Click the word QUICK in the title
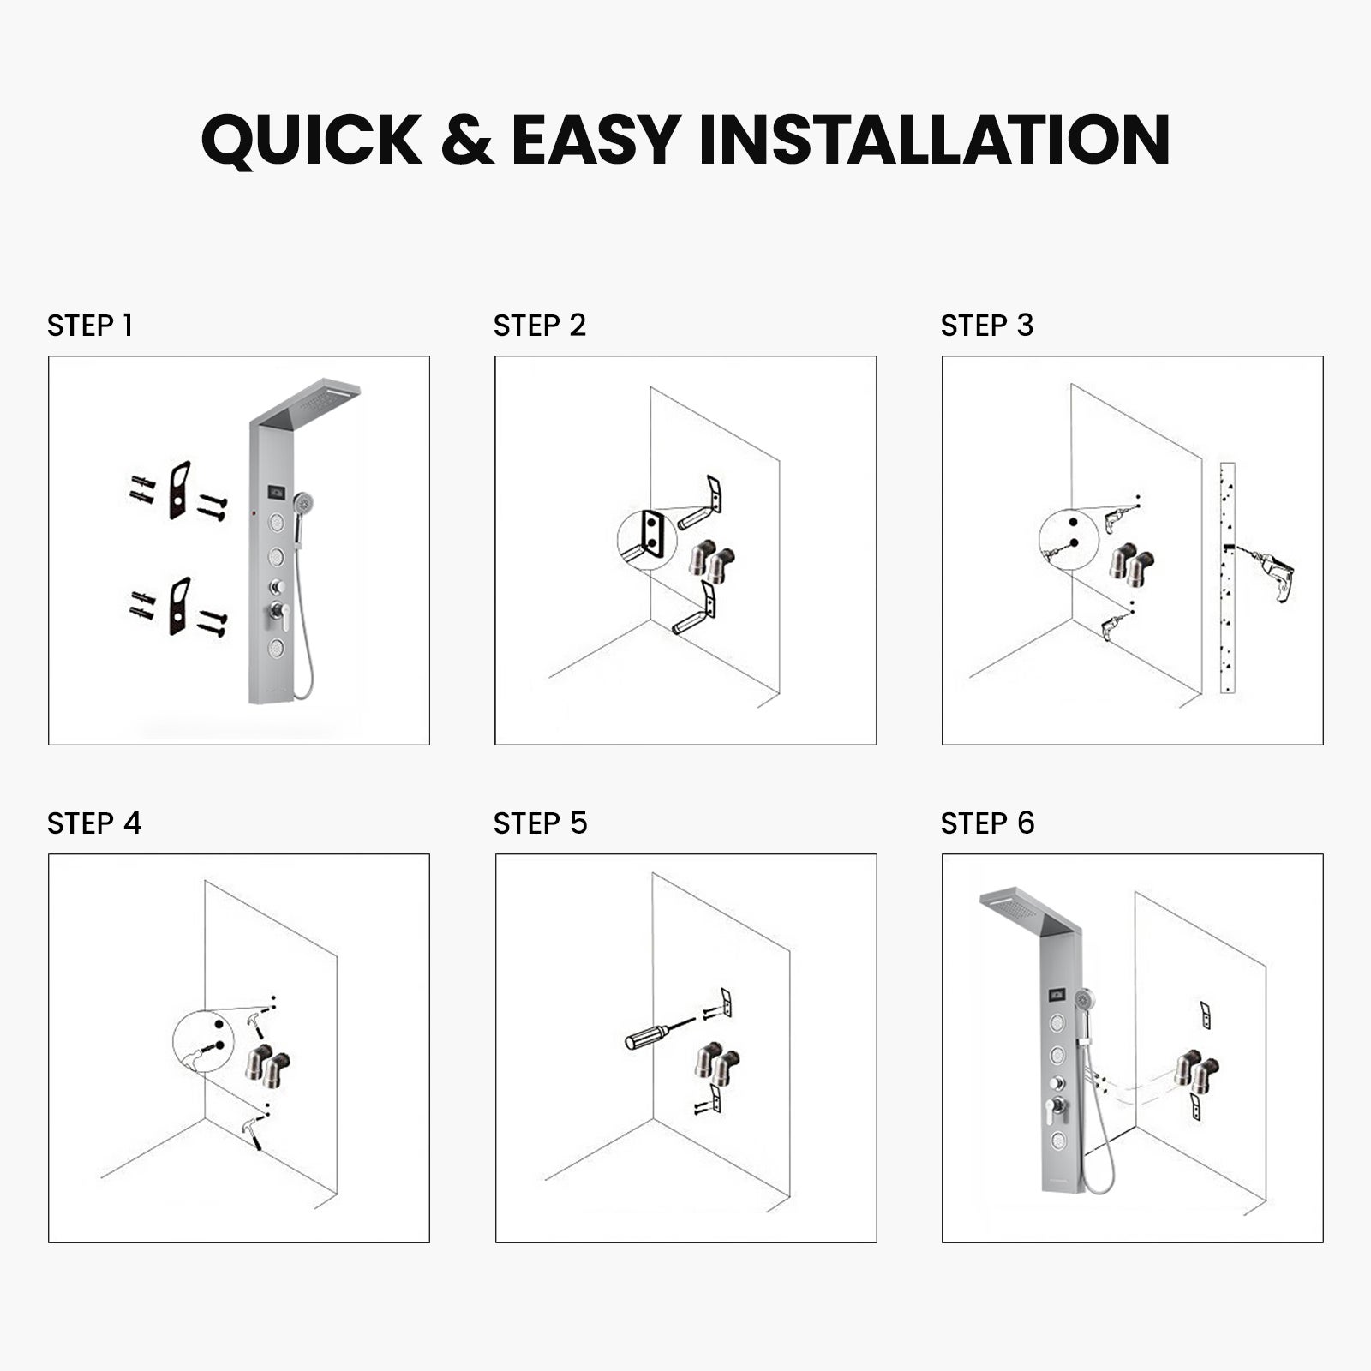coord(312,139)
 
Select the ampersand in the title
coord(467,139)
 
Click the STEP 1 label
coord(90,326)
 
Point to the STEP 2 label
coord(540,326)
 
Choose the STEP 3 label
coord(987,326)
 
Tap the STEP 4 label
coord(94,823)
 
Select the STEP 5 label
coord(541,823)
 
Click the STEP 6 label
coord(988,823)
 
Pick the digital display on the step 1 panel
coord(278,494)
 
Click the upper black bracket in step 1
coord(179,491)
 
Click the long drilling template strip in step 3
coord(1227,578)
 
